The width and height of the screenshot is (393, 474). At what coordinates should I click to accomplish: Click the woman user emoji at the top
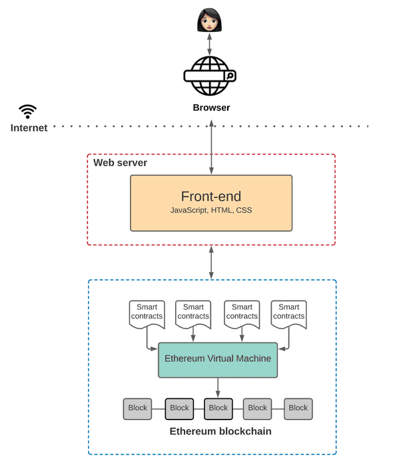point(209,21)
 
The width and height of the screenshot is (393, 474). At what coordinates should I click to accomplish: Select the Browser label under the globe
point(211,108)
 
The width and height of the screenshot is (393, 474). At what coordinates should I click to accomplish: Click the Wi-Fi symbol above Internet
point(28,111)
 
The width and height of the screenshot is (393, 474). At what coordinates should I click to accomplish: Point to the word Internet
point(29,128)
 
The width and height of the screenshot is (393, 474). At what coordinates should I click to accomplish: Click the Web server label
point(120,163)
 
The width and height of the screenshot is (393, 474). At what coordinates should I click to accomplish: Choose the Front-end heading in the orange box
point(210,196)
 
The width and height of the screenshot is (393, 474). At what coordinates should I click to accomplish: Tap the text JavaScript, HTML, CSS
point(210,210)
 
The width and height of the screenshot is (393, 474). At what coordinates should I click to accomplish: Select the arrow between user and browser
point(209,45)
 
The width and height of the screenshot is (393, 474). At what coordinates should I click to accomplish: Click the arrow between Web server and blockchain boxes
point(211,262)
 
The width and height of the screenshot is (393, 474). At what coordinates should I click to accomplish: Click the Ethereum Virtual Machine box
point(218,360)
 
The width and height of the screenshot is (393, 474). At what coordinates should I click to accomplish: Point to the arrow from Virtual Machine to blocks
point(218,388)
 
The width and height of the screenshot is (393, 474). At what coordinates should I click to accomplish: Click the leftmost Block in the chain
point(138,409)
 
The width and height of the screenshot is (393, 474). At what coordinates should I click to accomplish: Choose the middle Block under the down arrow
point(218,409)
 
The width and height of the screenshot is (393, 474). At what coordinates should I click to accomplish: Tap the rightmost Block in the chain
point(298,409)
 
